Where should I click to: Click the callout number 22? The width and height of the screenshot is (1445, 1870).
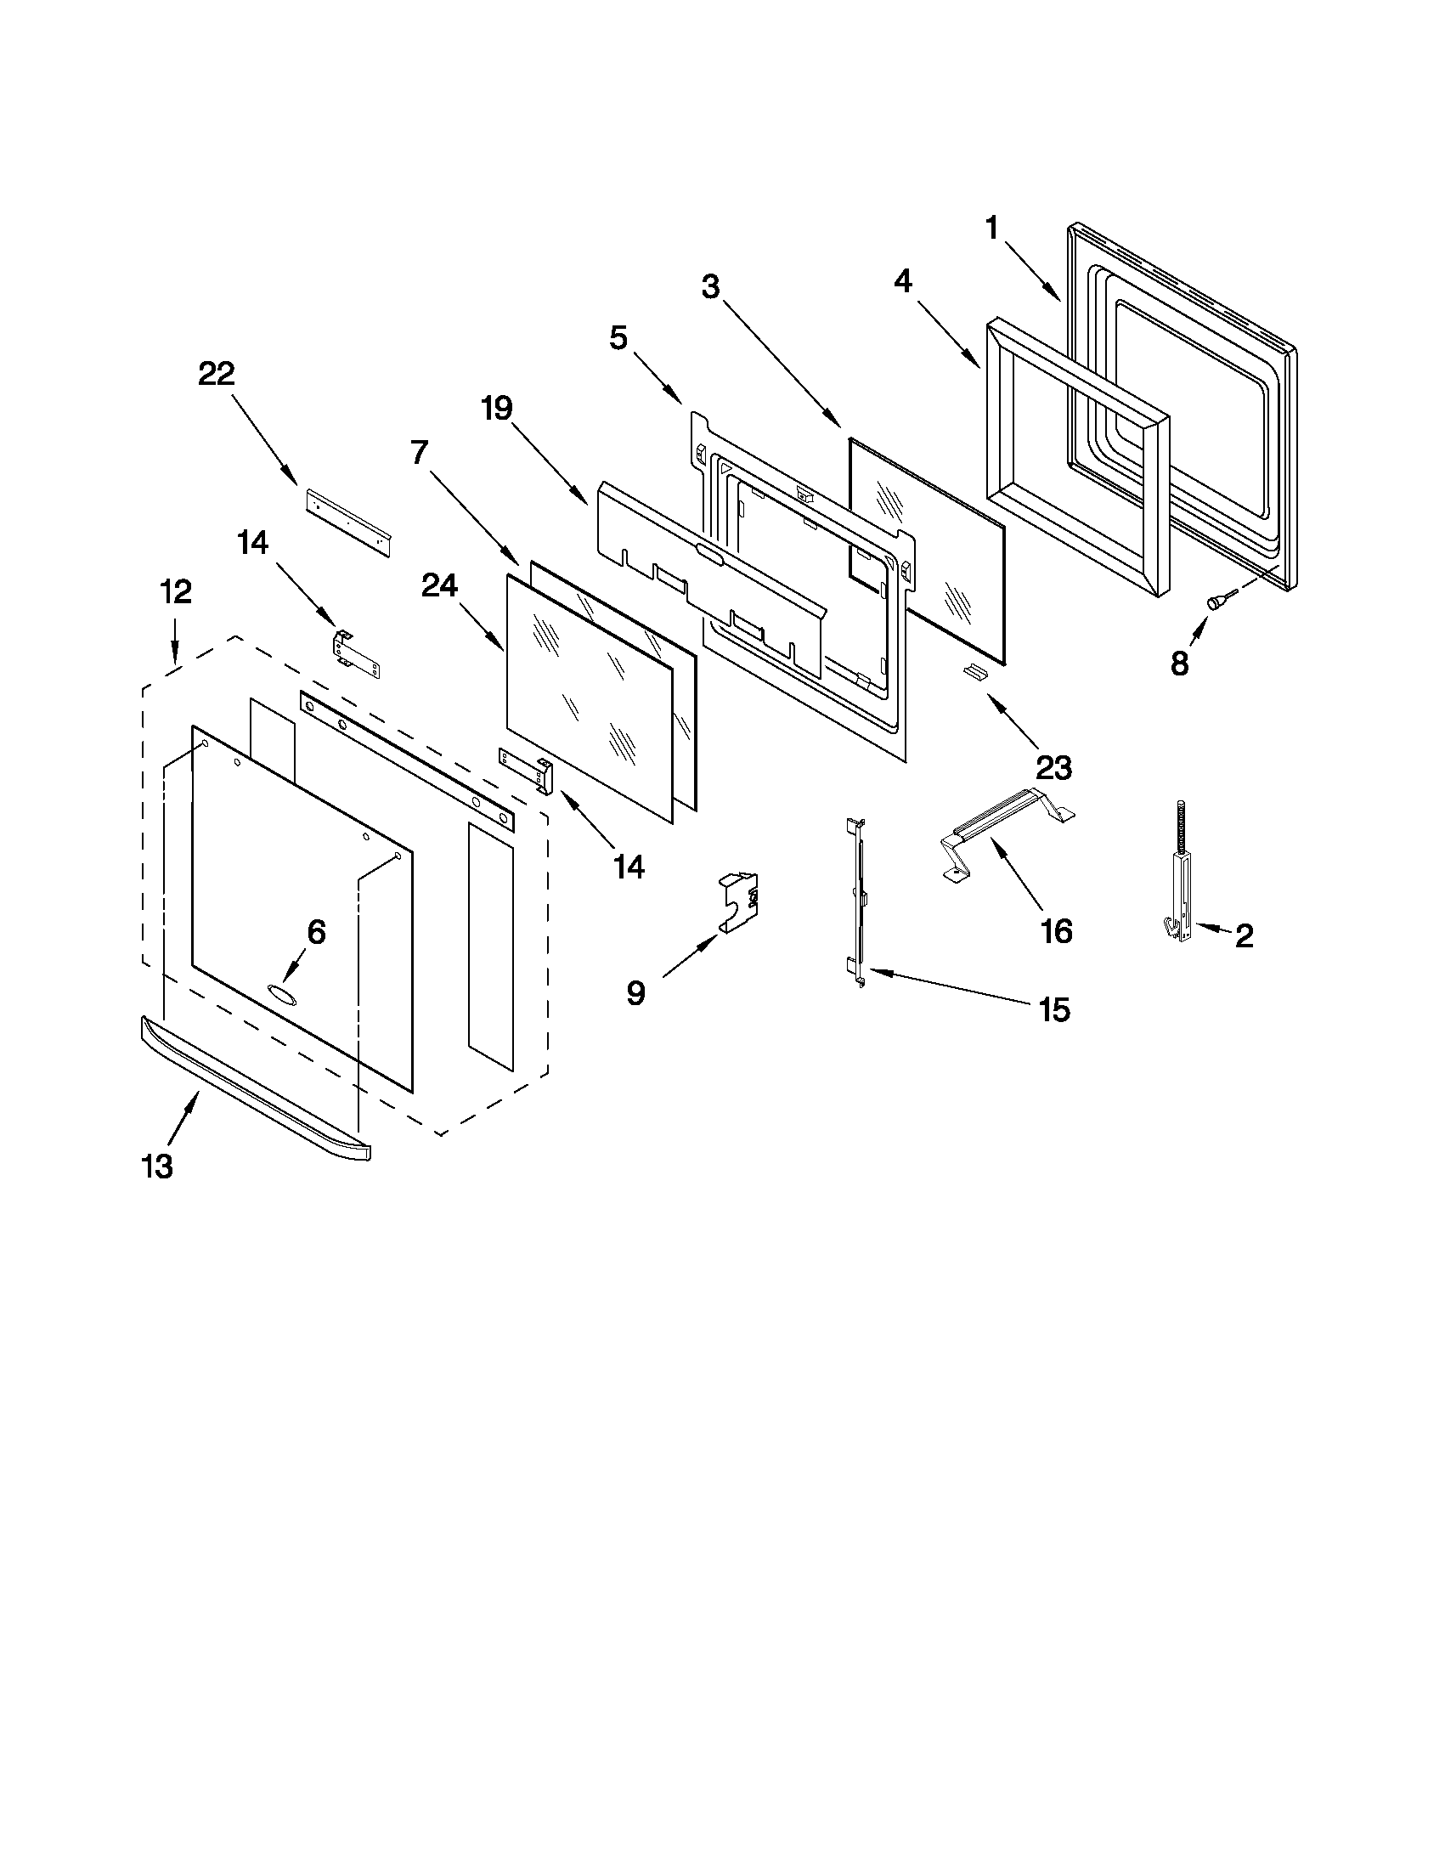coord(216,375)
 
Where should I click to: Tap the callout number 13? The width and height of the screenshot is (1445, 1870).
coord(157,1166)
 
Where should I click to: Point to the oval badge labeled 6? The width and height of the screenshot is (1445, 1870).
coord(280,992)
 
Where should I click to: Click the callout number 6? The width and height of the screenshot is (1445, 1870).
coord(316,931)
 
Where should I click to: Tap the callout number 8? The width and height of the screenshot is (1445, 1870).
coord(1180,664)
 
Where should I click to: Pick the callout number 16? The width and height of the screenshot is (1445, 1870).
coord(1057,930)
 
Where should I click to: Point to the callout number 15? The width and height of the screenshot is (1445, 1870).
coord(1053,1010)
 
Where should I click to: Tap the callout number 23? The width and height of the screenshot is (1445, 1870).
coord(1053,768)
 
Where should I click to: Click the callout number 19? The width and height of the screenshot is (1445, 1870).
coord(496,409)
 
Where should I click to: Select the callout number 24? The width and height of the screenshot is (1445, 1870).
coord(439,585)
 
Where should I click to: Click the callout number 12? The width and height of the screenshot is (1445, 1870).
coord(176,591)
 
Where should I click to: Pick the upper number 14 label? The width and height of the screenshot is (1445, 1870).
coord(252,543)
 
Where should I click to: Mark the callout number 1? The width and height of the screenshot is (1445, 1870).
coord(992,229)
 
